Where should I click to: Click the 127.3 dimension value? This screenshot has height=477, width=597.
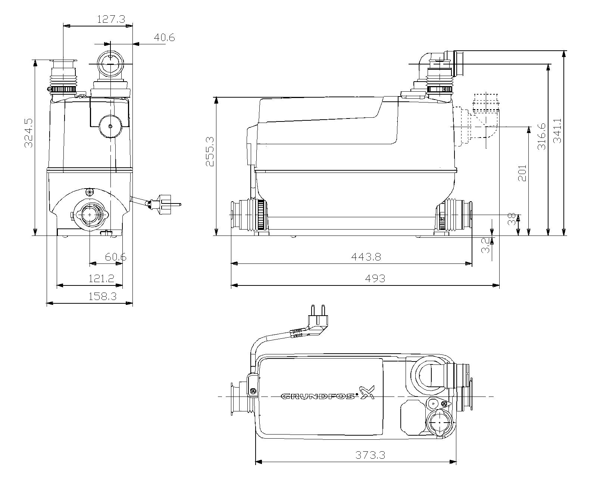(111, 19)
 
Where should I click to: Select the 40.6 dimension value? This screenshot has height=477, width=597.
(164, 38)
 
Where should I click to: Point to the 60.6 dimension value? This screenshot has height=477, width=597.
(115, 257)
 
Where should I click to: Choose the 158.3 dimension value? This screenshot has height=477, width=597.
(102, 296)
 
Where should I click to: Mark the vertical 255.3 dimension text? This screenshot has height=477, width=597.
(209, 151)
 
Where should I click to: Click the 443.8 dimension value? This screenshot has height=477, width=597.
(366, 257)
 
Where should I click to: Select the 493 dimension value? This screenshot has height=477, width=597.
(375, 278)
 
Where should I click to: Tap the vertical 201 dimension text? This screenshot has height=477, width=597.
(522, 173)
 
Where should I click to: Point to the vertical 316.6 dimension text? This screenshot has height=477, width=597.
(541, 136)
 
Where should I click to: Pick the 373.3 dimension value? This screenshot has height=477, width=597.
(370, 455)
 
